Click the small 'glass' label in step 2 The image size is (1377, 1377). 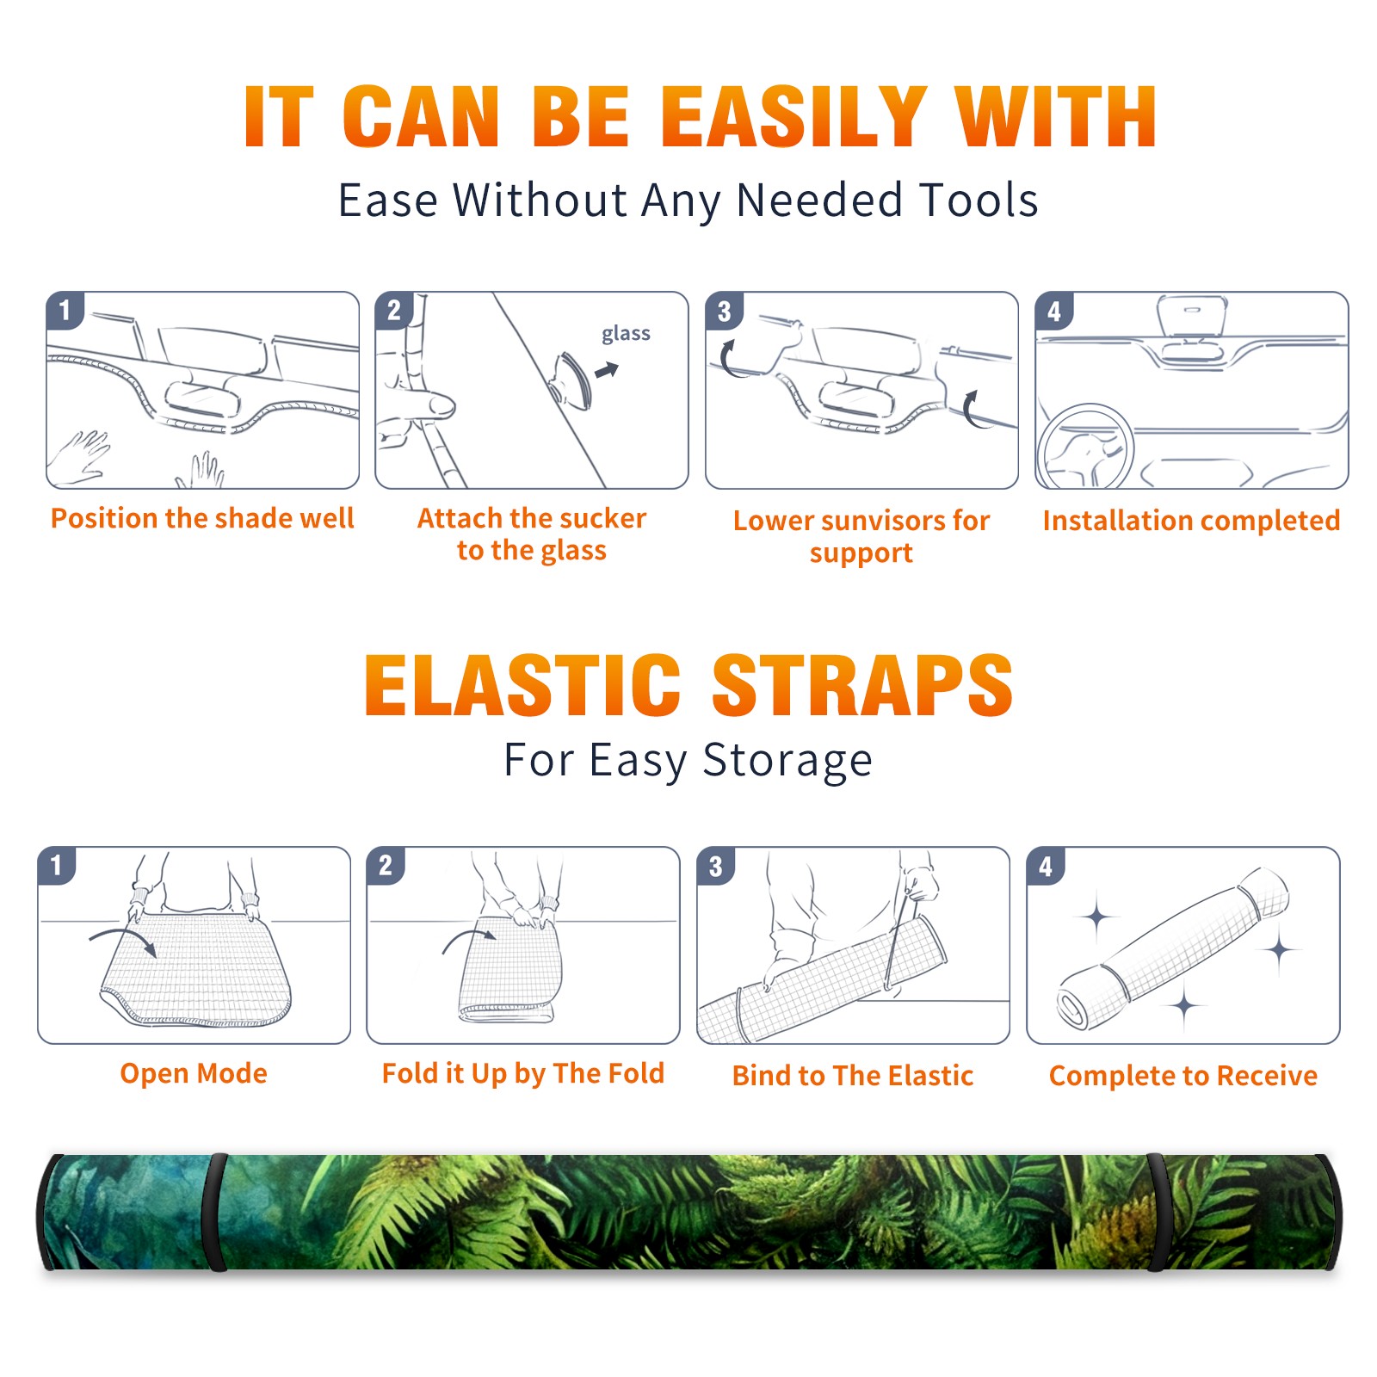(x=626, y=334)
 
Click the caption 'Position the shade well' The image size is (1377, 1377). (x=202, y=518)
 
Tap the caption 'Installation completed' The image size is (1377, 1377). (x=1191, y=521)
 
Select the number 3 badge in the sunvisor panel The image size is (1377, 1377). (x=724, y=311)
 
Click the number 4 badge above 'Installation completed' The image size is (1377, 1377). (x=1054, y=311)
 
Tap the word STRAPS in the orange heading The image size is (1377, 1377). (x=862, y=685)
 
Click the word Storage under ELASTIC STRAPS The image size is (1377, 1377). (x=787, y=762)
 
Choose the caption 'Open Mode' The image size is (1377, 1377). (x=194, y=1073)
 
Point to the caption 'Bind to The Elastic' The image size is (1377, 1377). (x=853, y=1076)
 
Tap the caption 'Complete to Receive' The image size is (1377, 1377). (x=1183, y=1076)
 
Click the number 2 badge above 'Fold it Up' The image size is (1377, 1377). (x=386, y=865)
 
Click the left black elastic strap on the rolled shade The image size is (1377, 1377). (x=215, y=1213)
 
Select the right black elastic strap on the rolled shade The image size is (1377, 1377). (x=1158, y=1213)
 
